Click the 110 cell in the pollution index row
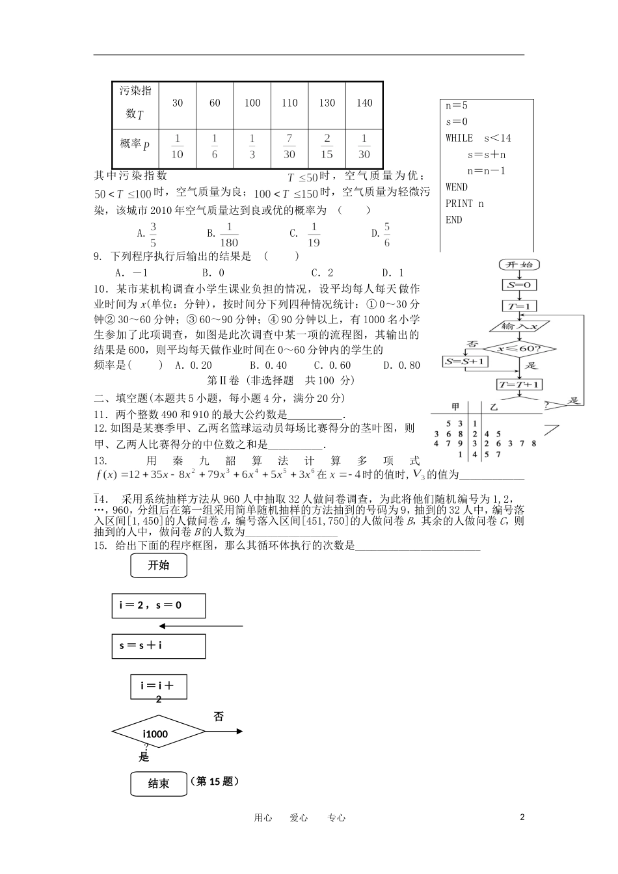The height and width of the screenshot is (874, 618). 289,103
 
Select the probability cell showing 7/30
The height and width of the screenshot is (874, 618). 289,146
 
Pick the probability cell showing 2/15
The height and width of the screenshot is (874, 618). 327,146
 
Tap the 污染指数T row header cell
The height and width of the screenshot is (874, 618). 135,103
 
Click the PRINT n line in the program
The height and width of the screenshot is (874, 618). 464,204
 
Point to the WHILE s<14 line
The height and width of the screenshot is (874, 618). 478,138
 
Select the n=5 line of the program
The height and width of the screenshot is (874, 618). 457,105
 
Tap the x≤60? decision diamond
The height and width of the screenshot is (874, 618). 519,349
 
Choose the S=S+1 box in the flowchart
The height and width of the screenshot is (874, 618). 465,361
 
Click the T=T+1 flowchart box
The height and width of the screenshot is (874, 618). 519,384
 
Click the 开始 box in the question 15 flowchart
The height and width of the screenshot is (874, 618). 159,566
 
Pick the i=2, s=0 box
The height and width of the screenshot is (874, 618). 159,605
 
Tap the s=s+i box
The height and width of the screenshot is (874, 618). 159,646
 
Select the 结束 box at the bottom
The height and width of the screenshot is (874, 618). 159,784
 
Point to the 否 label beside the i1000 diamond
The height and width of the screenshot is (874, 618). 219,717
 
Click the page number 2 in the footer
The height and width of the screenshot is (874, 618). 522,817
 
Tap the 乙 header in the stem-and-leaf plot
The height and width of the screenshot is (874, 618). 494,407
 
